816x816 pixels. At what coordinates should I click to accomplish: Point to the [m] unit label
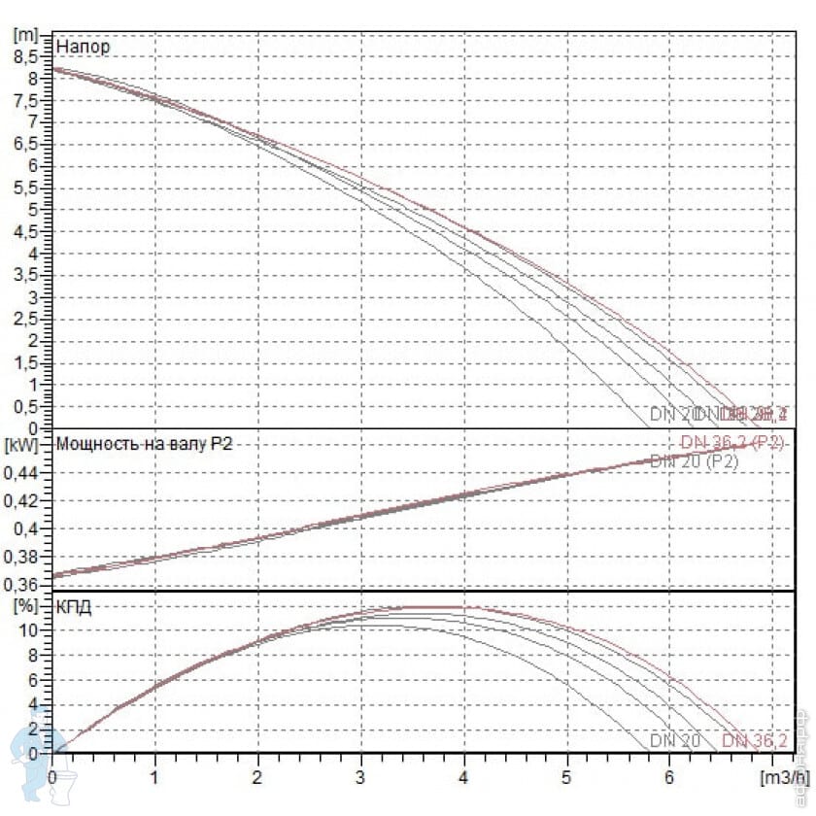click(25, 33)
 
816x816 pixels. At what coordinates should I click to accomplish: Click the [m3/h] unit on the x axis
click(783, 777)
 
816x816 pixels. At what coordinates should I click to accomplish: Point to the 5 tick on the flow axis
click(566, 777)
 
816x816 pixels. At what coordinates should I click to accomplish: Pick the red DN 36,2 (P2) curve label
click(731, 443)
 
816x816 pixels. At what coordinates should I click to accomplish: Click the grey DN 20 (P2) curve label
click(694, 461)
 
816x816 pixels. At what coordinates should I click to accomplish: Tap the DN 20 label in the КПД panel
click(675, 742)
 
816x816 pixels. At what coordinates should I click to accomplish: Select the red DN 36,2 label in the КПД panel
click(755, 742)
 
